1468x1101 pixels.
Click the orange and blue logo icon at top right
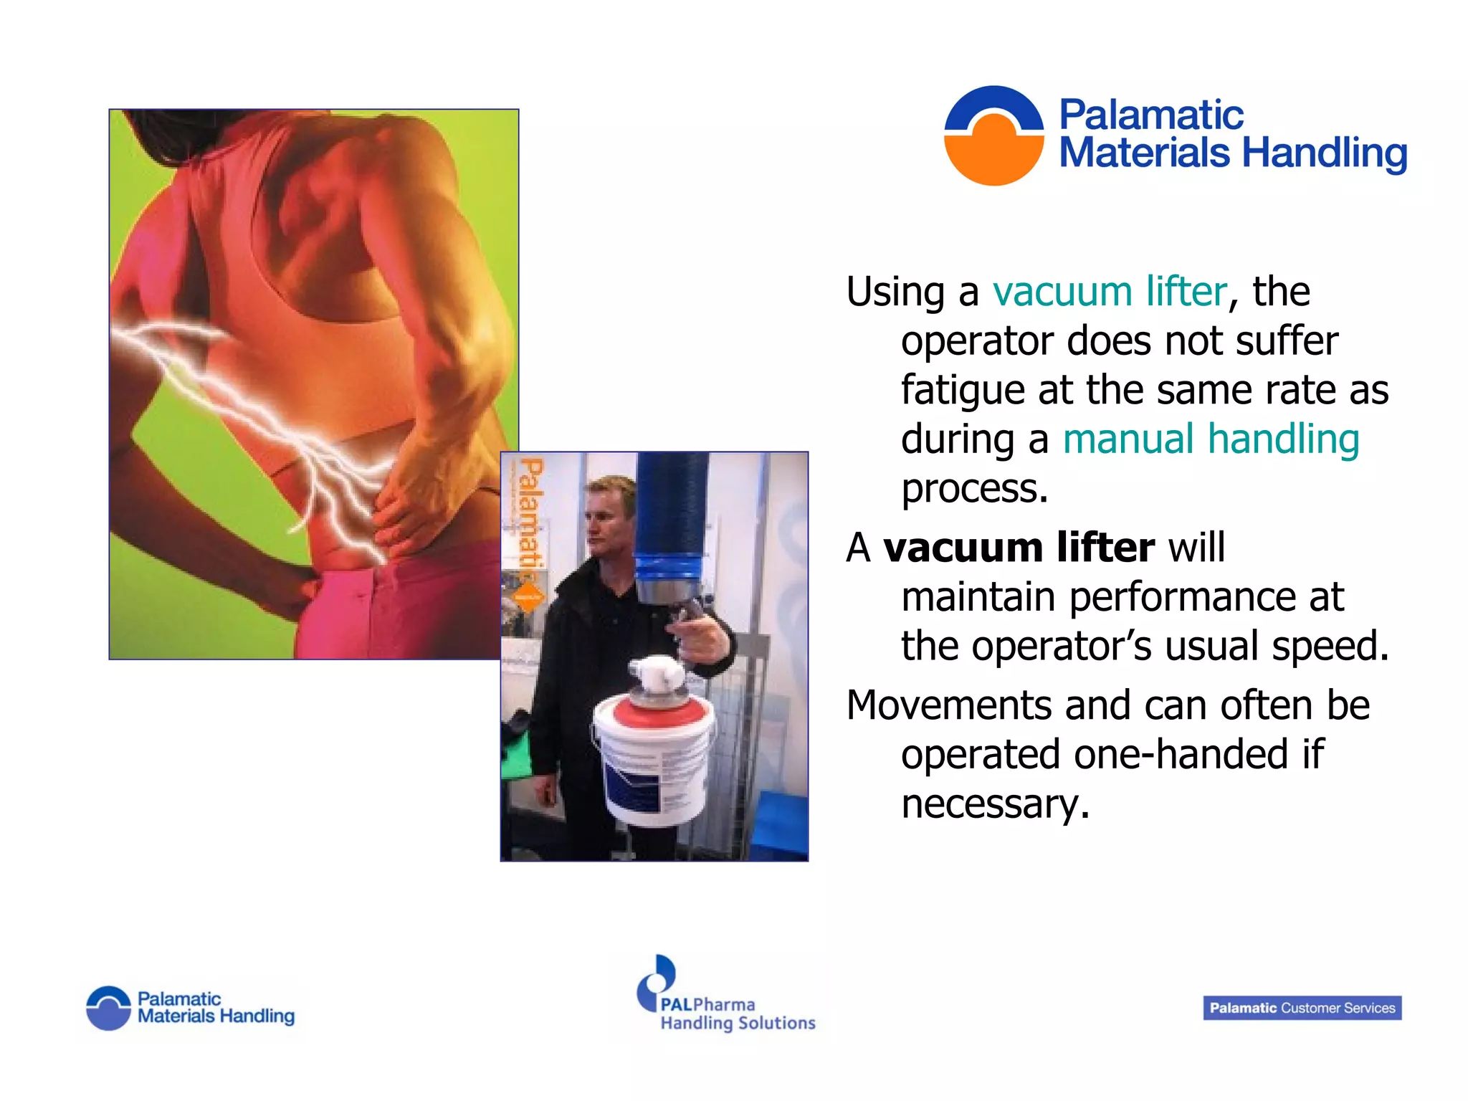pyautogui.click(x=993, y=135)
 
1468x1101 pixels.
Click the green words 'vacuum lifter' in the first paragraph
pyautogui.click(x=1110, y=292)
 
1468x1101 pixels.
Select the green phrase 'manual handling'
pyautogui.click(x=1211, y=439)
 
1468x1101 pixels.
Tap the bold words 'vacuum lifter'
pyautogui.click(x=1018, y=548)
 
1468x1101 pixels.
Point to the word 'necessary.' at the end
pyautogui.click(x=995, y=804)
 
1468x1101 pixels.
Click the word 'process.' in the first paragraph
pyautogui.click(x=974, y=489)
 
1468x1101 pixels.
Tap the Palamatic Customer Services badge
pyautogui.click(x=1302, y=1008)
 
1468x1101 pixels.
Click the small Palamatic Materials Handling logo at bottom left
pyautogui.click(x=191, y=1008)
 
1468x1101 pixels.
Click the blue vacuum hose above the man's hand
pyautogui.click(x=672, y=509)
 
